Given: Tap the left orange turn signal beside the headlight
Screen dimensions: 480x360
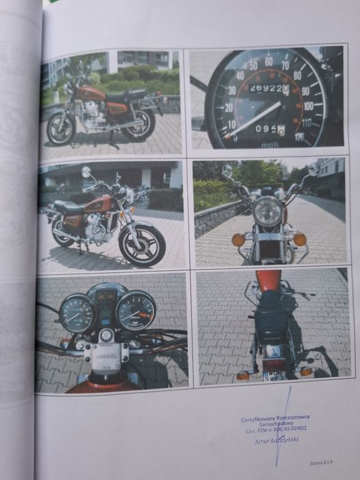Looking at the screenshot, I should coord(239,240).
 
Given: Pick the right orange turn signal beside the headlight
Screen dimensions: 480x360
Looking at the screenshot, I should coord(300,239).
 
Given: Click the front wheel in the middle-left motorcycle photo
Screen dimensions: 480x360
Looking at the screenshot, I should coord(142,244).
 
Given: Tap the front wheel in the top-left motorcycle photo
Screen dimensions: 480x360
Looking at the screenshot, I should coord(61,129).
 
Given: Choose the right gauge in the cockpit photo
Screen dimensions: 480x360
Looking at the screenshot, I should coord(136,311).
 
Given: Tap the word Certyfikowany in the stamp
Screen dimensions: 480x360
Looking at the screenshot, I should coord(256,418).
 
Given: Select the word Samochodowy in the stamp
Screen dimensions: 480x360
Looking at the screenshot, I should coord(274,424).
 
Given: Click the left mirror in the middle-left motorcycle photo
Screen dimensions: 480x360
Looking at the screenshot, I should coord(86,171).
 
